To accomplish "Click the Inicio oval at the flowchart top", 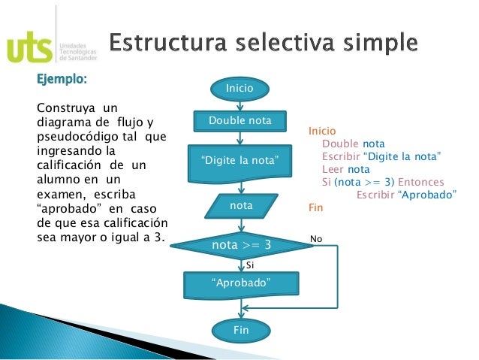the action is click(x=240, y=89).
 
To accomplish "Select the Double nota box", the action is click(x=240, y=121).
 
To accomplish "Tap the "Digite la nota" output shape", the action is click(x=240, y=161).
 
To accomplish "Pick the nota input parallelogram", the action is click(x=241, y=204).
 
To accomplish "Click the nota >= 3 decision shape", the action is click(x=241, y=245).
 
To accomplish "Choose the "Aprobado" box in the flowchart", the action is click(x=241, y=283).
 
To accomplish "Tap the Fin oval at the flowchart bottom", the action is click(x=240, y=329).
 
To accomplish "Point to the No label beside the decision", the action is click(x=315, y=239).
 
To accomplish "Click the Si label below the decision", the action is click(x=251, y=265).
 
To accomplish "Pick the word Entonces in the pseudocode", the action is click(x=421, y=182).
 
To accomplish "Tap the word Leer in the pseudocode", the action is click(x=333, y=169).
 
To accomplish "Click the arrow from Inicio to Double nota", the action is click(x=240, y=104).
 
